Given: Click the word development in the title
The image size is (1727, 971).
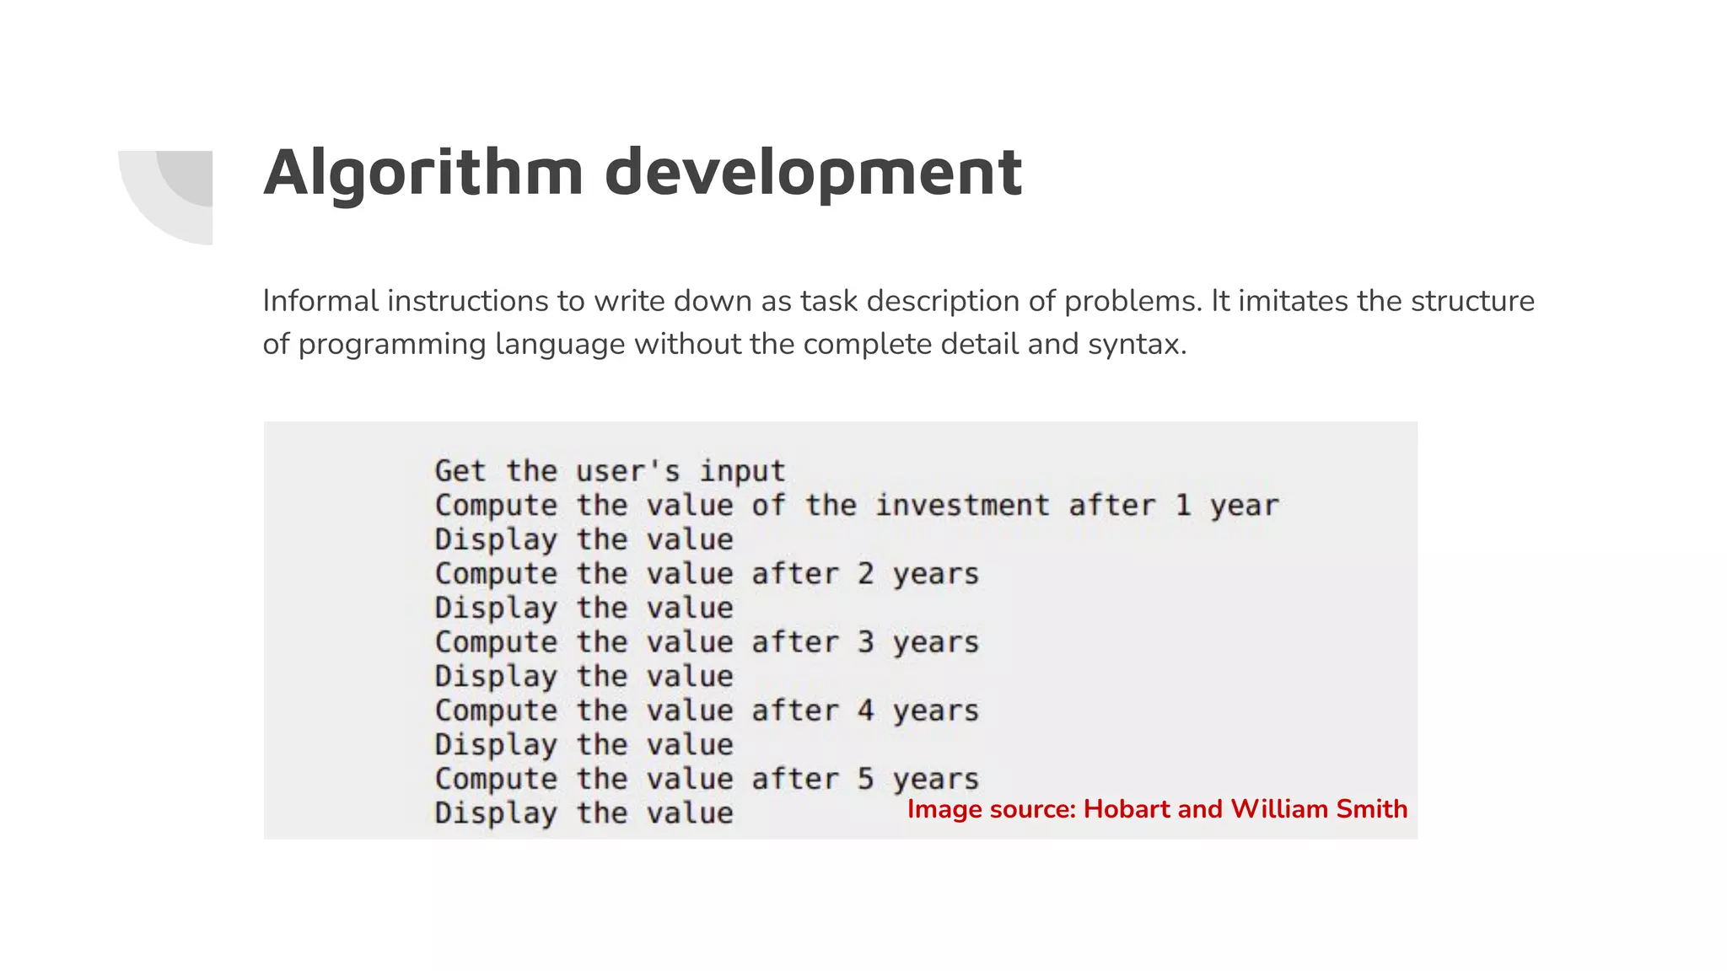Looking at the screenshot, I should (813, 173).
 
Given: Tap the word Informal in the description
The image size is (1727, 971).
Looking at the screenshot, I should (320, 301).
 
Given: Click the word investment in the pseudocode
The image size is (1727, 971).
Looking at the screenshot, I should (962, 505).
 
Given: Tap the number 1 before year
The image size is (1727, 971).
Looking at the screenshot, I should (1183, 505).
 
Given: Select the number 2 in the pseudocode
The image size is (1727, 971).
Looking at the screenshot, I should (866, 573).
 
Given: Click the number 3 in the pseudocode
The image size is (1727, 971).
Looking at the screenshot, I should (866, 641).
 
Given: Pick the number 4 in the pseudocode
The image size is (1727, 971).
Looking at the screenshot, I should (866, 710).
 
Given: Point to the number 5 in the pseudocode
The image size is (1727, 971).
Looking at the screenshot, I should (866, 778).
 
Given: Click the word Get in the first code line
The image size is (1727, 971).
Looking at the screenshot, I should (460, 470).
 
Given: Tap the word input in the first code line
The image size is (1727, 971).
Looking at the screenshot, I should (742, 470).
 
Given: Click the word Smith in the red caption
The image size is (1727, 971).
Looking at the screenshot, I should (1372, 809).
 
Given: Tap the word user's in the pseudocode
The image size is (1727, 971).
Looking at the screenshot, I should (627, 470).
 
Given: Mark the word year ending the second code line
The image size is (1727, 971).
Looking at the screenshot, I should (1245, 507).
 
